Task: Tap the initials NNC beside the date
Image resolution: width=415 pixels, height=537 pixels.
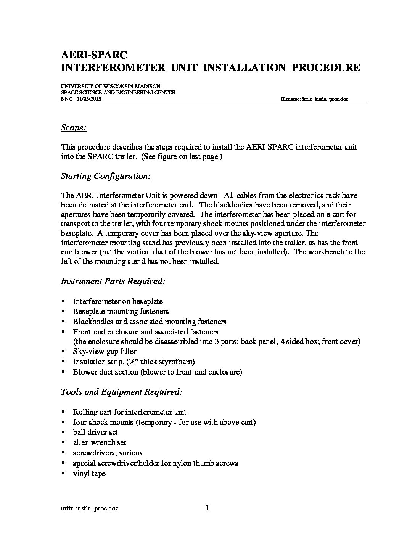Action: click(x=66, y=99)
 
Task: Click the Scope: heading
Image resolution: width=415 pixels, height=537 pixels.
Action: click(x=74, y=128)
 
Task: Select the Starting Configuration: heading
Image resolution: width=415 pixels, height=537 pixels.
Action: click(x=106, y=176)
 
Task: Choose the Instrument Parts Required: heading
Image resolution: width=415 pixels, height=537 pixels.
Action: click(x=113, y=281)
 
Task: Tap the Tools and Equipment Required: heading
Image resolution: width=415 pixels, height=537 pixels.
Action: click(x=122, y=392)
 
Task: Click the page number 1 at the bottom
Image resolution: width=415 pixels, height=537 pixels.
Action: click(x=208, y=508)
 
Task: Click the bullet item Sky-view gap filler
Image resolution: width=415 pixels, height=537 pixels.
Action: click(x=105, y=351)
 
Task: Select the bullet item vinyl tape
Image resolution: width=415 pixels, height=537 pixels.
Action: click(x=89, y=473)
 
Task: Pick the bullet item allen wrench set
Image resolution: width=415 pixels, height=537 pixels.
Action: click(x=100, y=442)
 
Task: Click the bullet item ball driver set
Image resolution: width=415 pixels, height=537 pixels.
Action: click(x=95, y=432)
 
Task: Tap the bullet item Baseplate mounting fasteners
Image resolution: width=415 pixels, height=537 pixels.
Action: click(x=121, y=311)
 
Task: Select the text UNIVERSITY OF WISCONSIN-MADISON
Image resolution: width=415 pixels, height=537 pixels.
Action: click(x=111, y=87)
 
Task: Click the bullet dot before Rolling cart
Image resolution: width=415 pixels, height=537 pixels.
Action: click(x=63, y=412)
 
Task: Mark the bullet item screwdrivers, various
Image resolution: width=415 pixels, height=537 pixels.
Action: click(x=108, y=453)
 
